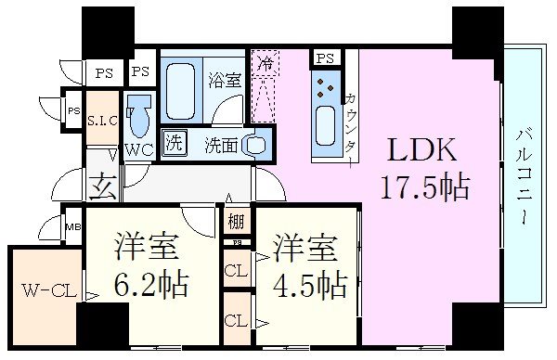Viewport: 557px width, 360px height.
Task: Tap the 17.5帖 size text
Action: click(x=422, y=188)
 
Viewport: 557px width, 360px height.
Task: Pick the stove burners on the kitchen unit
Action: click(x=326, y=89)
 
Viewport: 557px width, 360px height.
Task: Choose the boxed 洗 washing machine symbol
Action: click(x=173, y=143)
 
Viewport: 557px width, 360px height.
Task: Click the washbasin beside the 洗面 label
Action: click(x=259, y=144)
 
